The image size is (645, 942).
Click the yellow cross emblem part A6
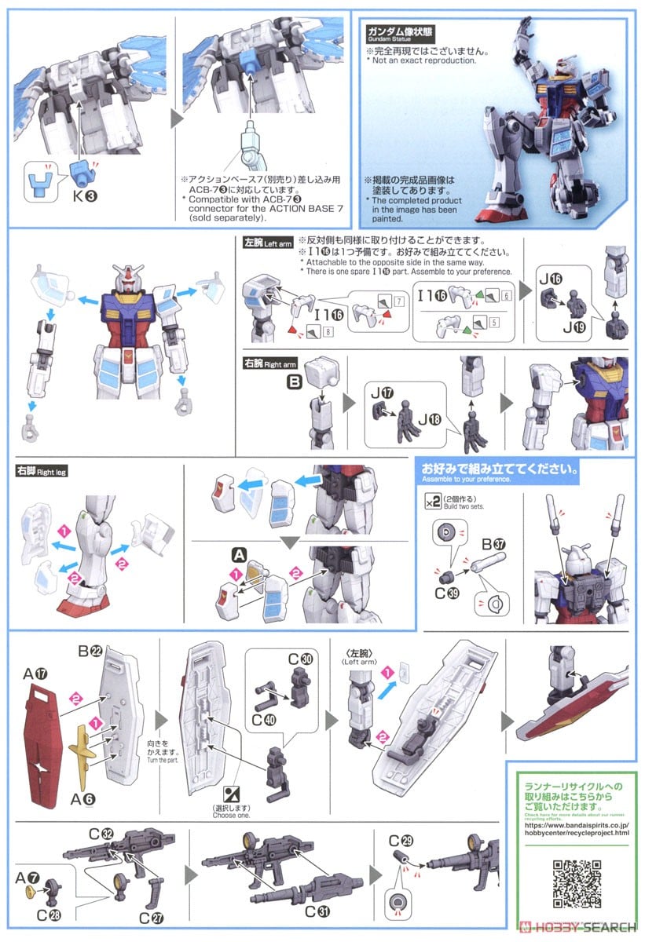click(86, 750)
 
